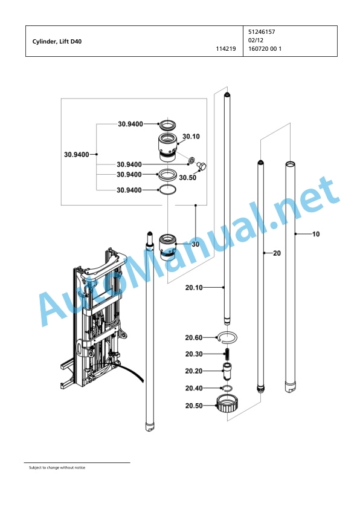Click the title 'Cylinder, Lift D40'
coord(57,42)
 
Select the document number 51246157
coord(262,32)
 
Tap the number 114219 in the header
coord(226,49)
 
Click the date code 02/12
coord(256,41)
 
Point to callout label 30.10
coord(191,137)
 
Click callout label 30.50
coord(187,178)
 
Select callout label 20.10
coord(194,287)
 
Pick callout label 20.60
coord(194,337)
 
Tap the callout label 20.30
coord(194,354)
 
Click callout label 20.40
coord(194,388)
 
